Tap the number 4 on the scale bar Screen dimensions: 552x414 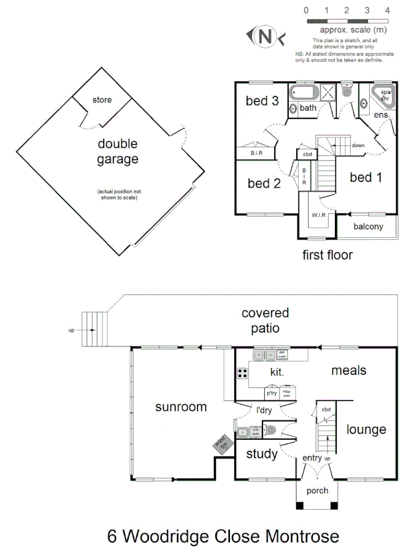387,10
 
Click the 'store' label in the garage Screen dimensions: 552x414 102,99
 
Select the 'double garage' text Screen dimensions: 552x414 117,151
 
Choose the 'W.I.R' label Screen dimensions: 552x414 318,215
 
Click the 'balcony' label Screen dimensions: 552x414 369,226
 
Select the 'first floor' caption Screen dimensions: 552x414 328,255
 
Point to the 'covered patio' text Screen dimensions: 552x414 265,320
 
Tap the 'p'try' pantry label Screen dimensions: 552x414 272,393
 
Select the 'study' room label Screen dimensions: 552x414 262,454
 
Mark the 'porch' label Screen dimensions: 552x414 317,491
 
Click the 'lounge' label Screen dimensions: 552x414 366,429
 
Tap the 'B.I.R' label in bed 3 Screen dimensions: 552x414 256,153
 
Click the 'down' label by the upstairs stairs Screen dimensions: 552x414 358,145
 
